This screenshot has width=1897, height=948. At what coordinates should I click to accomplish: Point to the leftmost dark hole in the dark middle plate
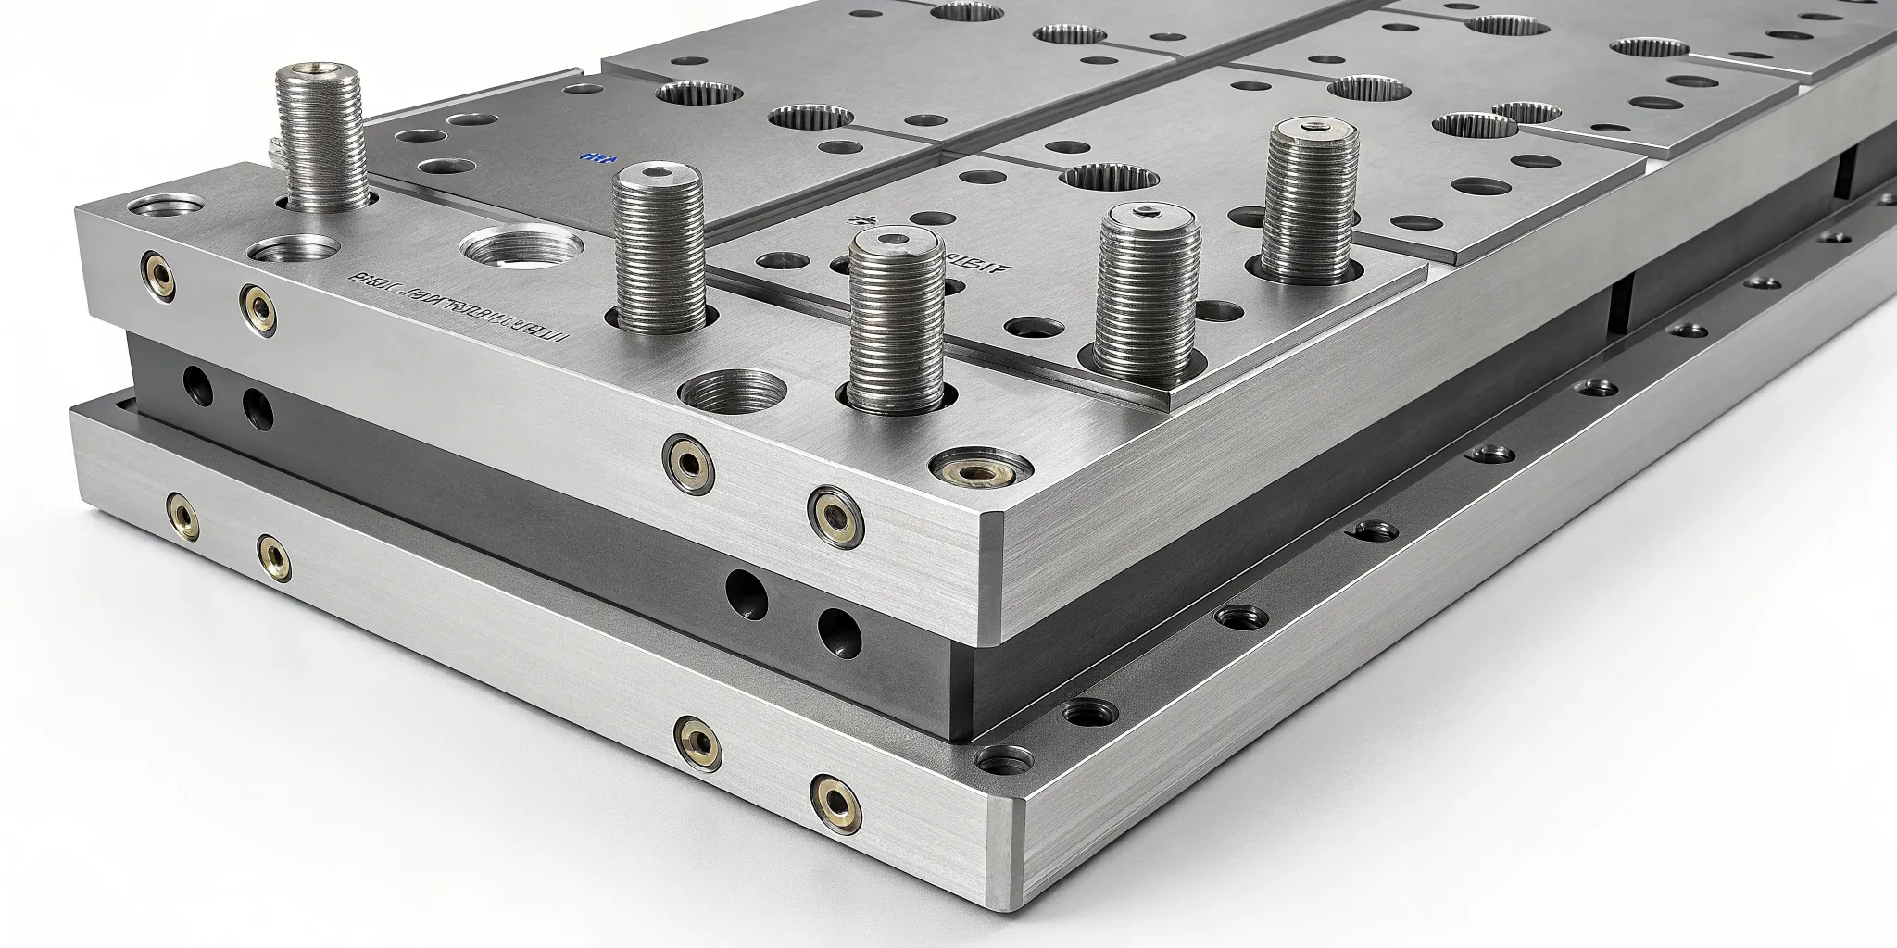tap(197, 380)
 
